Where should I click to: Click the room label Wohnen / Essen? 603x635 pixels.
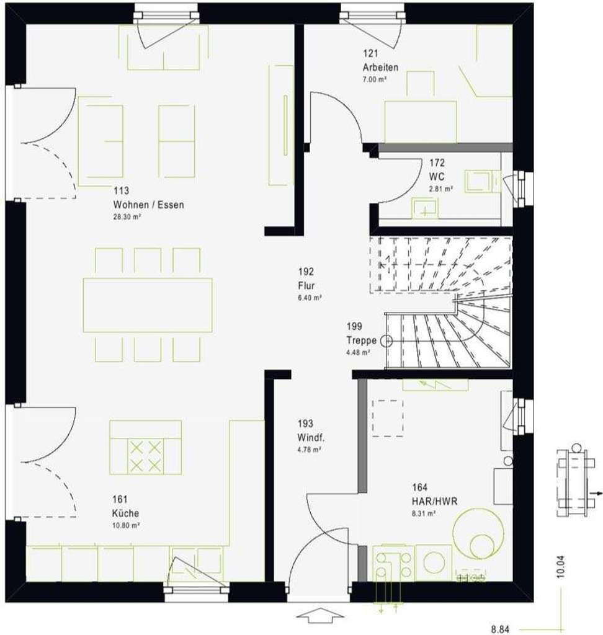[x=148, y=205]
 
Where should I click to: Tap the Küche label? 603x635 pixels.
[x=126, y=513]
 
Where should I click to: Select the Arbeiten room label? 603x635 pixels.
[x=380, y=67]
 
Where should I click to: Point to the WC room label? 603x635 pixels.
[x=437, y=176]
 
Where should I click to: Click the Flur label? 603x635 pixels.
[x=306, y=286]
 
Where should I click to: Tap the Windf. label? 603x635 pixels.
[x=309, y=438]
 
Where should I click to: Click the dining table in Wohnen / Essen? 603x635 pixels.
[x=148, y=305]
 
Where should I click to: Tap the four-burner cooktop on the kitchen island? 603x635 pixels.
[x=145, y=456]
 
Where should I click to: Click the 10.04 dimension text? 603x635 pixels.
[x=561, y=567]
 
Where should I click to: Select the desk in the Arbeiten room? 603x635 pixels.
[x=420, y=122]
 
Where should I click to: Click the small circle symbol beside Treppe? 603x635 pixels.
[x=388, y=340]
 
